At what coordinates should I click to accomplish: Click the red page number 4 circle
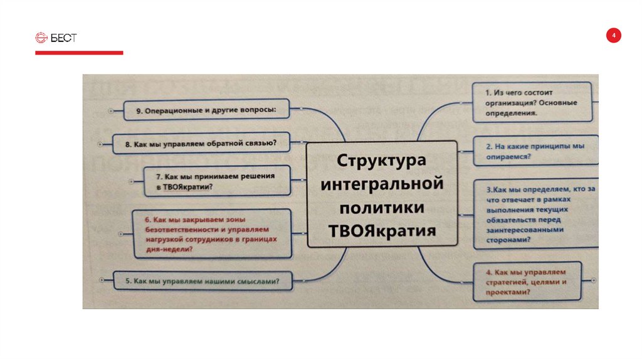(614, 36)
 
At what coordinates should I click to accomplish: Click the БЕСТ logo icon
(40, 38)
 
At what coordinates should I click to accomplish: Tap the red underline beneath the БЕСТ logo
(79, 53)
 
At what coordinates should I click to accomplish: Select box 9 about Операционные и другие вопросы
(206, 110)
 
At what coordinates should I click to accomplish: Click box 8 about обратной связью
(200, 143)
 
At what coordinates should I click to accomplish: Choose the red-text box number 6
(212, 234)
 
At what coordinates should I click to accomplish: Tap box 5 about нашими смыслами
(203, 280)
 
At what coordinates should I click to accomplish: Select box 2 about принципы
(535, 151)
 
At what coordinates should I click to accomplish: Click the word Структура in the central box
(381, 160)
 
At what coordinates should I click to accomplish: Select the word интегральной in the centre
(381, 184)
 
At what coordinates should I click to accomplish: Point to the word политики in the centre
(381, 207)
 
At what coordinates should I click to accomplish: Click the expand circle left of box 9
(111, 110)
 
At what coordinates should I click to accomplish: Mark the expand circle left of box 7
(131, 181)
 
